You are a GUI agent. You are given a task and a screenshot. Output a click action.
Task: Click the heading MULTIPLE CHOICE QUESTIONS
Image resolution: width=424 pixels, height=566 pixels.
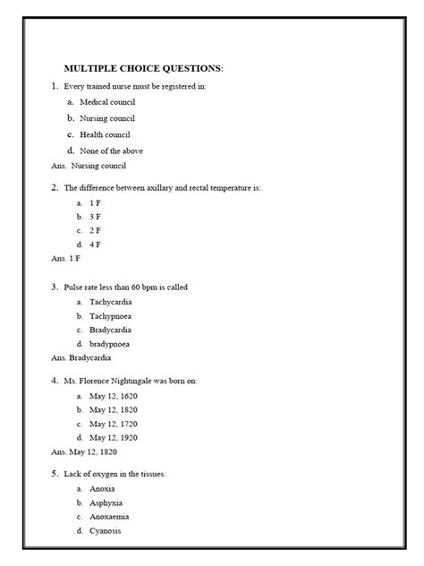143,69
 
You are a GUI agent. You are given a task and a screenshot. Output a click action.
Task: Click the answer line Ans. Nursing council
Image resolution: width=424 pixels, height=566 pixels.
89,166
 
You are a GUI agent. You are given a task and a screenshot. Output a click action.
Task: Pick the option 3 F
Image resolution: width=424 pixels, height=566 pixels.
95,217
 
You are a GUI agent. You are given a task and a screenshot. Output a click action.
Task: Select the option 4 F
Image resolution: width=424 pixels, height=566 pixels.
95,244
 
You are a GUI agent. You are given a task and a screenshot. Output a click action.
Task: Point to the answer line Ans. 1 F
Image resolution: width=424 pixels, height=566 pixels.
66,258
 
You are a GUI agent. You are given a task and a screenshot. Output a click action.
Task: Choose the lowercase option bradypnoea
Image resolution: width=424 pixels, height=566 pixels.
110,343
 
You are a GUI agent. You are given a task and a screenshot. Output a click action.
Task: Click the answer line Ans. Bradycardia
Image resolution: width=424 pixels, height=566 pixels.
81,357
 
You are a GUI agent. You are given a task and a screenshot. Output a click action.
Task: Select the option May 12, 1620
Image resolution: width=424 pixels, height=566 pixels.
113,395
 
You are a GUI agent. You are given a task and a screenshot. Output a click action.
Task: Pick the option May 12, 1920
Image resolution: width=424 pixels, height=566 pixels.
113,437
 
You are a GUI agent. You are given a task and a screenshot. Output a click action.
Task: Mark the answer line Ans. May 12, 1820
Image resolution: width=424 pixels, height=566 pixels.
84,451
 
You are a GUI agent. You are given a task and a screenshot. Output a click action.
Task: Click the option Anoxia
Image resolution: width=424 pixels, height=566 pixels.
102,489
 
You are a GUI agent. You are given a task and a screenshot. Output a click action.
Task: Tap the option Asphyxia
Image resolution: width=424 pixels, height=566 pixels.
105,503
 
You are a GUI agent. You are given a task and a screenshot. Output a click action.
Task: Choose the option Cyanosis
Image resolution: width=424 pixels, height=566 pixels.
106,530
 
